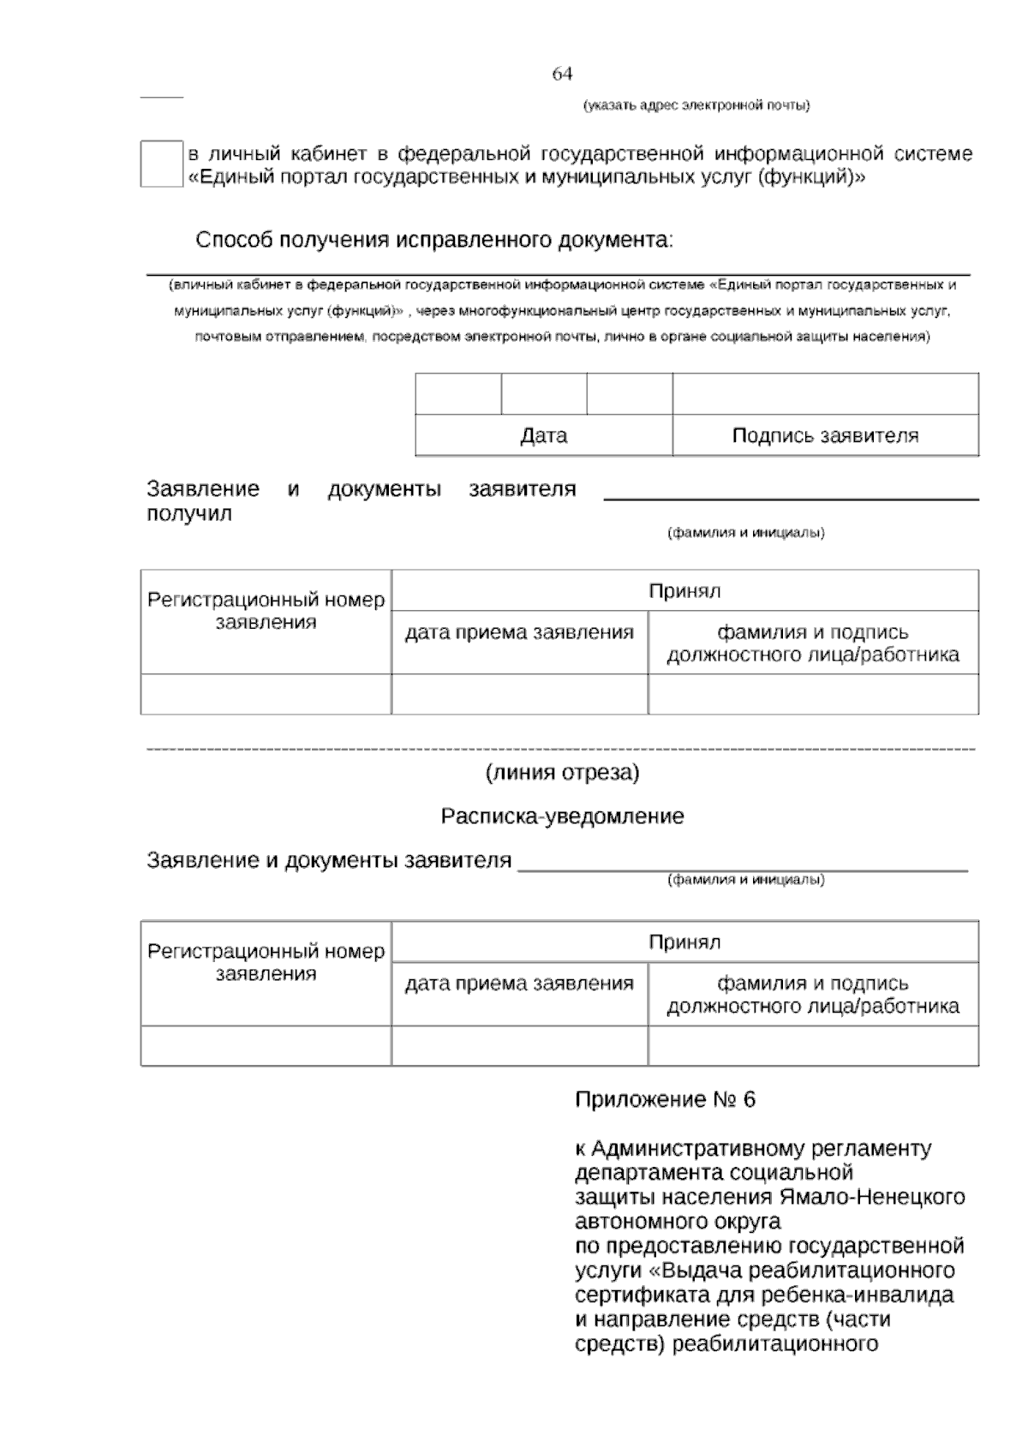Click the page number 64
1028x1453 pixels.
[x=562, y=75]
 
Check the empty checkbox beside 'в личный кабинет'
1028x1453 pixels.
[x=161, y=164]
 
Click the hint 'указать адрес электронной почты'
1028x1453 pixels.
[x=696, y=105]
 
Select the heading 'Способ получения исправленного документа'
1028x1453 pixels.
[x=434, y=240]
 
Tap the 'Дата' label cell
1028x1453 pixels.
[x=543, y=435]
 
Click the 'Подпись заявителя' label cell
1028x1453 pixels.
[x=824, y=435]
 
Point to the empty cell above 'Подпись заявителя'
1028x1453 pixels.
[x=824, y=394]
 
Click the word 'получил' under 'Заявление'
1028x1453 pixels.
[x=189, y=514]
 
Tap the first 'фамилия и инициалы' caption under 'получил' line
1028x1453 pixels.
[x=745, y=533]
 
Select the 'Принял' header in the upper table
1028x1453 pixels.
[x=684, y=590]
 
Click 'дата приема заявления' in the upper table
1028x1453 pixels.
[x=519, y=632]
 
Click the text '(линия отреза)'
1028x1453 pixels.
[x=562, y=773]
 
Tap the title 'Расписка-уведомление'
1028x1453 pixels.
[x=562, y=816]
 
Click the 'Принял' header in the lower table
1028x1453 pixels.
[x=684, y=942]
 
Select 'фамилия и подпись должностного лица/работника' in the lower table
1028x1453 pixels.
[x=812, y=995]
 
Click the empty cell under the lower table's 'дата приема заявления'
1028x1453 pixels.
[x=519, y=1046]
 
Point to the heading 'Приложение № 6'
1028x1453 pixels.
[x=665, y=1099]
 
